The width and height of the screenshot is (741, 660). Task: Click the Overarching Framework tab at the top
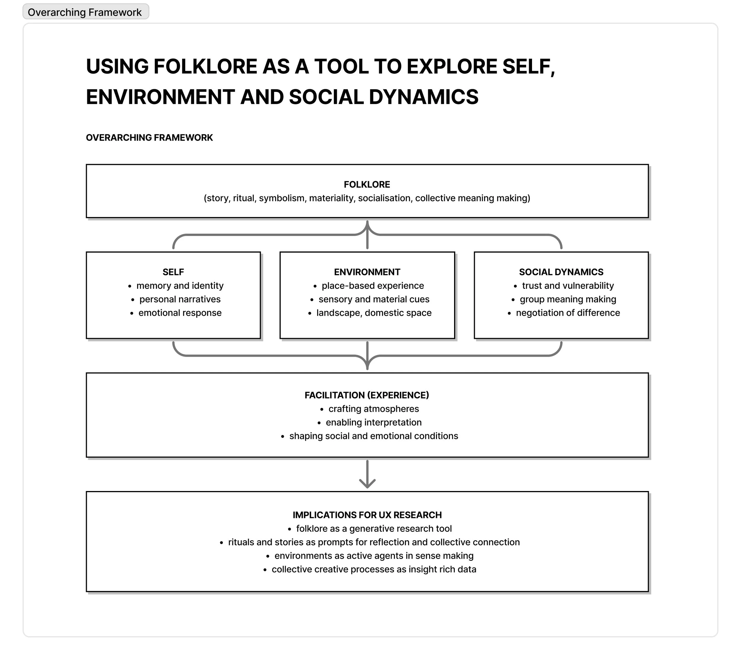[x=86, y=12]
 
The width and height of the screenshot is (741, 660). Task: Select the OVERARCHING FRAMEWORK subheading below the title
[x=149, y=138]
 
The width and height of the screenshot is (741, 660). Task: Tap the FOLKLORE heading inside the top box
[x=367, y=185]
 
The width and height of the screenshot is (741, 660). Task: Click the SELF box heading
[x=173, y=272]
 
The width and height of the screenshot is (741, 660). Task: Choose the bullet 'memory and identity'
[x=180, y=286]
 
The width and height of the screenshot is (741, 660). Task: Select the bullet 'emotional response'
[x=180, y=313]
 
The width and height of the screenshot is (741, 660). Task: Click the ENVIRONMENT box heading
[x=367, y=272]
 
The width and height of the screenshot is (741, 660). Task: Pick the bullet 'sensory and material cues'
[x=374, y=299]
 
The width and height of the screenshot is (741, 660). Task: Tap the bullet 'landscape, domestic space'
[x=374, y=313]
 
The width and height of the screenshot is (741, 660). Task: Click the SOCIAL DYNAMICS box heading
[x=561, y=272]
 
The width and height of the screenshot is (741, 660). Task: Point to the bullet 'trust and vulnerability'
[x=568, y=286]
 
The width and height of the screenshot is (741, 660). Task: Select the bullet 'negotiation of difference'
[x=568, y=313]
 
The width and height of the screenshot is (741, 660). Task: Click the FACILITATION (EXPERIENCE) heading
[x=367, y=395]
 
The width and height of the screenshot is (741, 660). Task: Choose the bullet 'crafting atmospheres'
[x=373, y=409]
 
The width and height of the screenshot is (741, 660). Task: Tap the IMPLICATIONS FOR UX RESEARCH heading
[x=367, y=515]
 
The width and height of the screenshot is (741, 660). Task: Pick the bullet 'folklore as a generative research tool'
[x=374, y=529]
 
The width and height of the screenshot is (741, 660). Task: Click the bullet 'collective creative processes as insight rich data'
[x=374, y=569]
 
